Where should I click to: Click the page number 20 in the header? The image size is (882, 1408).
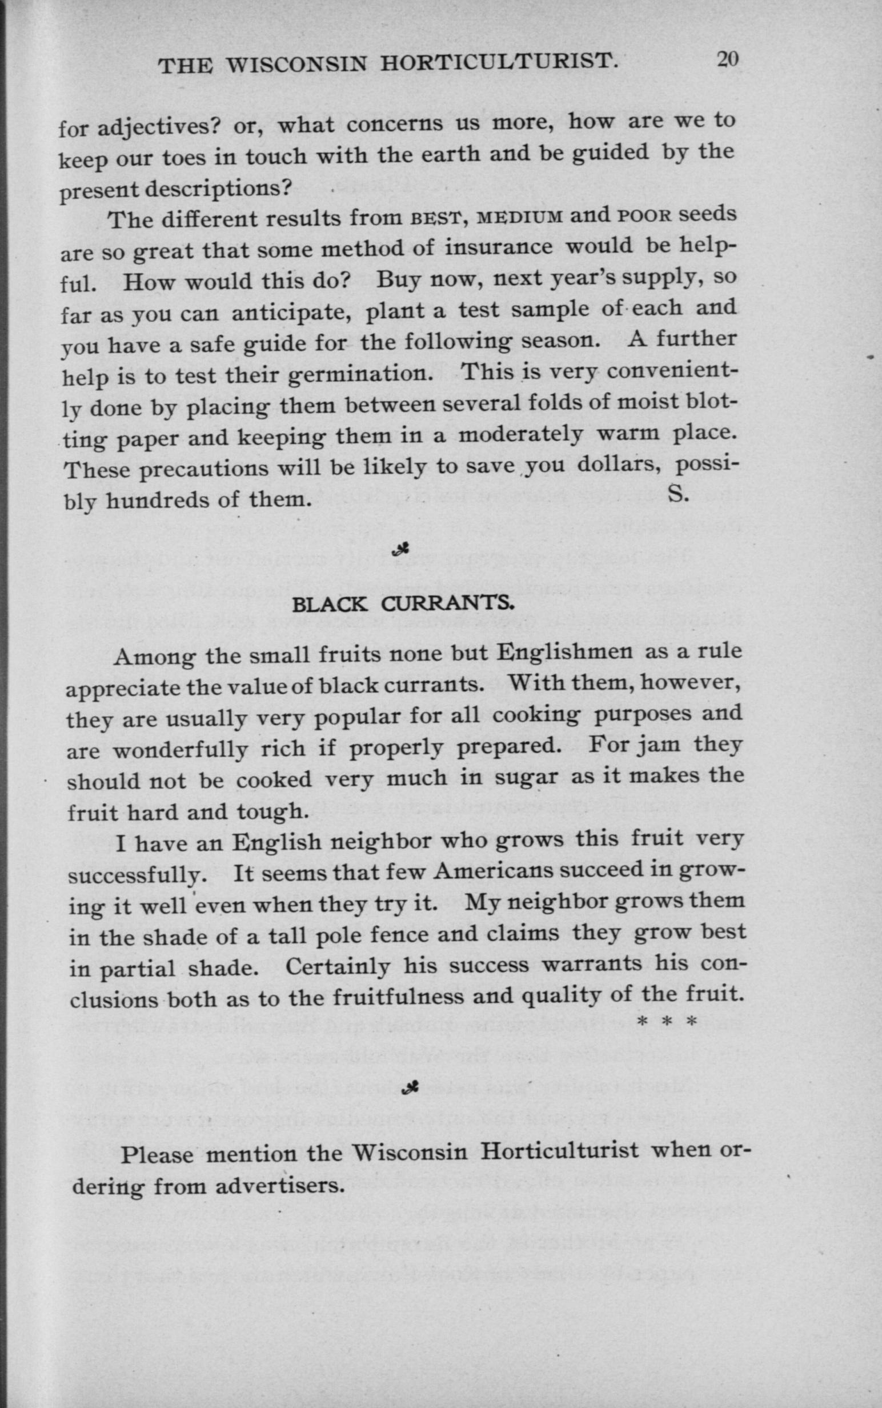pos(727,60)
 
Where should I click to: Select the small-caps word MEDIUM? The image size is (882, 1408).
pos(520,218)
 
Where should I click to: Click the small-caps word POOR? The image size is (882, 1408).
pos(641,216)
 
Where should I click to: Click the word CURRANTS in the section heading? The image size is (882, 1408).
pos(447,604)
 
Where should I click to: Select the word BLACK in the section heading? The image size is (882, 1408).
pos(330,605)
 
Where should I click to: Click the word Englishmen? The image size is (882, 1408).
pos(564,652)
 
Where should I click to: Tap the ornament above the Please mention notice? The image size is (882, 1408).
pos(411,1087)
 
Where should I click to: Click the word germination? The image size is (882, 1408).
pos(358,374)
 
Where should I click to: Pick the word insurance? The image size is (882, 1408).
pos(498,248)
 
